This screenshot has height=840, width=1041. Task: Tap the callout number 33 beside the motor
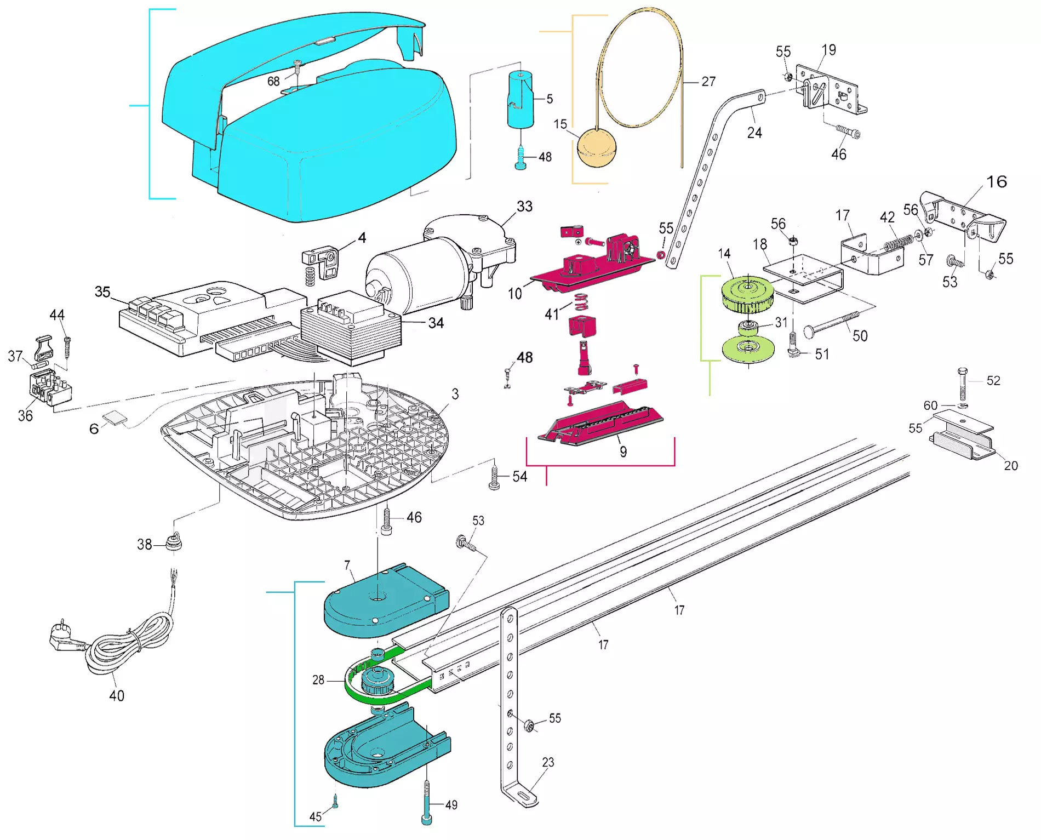[x=524, y=207]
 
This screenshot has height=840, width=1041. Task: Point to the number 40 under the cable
[x=117, y=696]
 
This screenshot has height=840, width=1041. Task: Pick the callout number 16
[x=997, y=182]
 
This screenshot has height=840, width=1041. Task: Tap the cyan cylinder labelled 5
[x=520, y=99]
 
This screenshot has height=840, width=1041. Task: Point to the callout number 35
[x=102, y=292]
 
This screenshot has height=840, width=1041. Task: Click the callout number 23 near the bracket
[x=548, y=762]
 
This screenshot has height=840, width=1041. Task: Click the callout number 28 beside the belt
[x=318, y=680]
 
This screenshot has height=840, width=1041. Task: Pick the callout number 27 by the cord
[x=708, y=82]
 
